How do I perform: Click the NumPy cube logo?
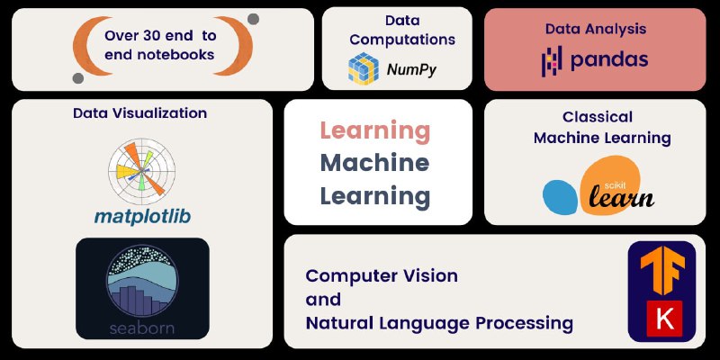pos(364,69)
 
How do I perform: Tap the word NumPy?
pos(411,70)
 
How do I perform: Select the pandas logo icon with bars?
pos(552,60)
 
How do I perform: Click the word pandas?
pos(609,59)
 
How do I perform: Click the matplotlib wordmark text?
pos(142,217)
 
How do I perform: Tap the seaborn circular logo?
pos(142,282)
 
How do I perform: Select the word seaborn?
pos(142,328)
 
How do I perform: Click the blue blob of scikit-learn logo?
pos(560,196)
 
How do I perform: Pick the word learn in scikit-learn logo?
pos(621,197)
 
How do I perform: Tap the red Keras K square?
pos(664,319)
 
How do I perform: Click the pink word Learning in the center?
pos(375,131)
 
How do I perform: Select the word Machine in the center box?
pos(374,163)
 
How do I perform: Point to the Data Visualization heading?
pos(140,113)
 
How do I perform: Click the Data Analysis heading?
pos(596,29)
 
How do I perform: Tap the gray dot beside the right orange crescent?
pos(253,19)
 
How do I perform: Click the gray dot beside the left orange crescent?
pos(78,78)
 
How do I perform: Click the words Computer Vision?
pos(382,276)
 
